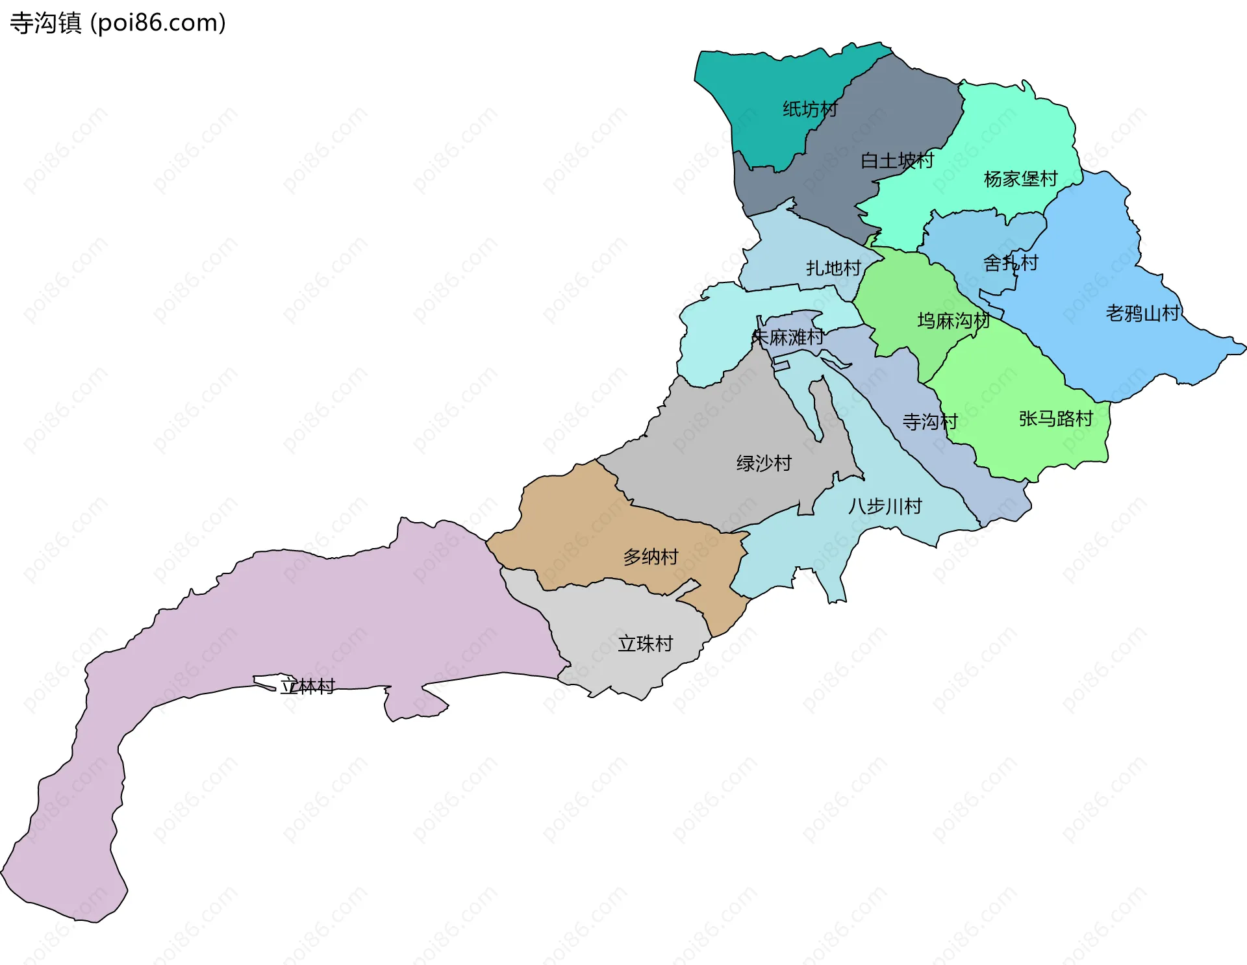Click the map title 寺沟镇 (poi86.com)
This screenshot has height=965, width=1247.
point(118,23)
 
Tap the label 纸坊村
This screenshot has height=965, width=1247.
point(810,109)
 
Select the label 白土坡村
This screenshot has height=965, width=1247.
point(897,160)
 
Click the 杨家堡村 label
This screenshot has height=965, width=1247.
point(1020,179)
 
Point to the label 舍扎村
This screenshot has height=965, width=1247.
point(1011,263)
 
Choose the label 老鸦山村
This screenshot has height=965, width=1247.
point(1143,314)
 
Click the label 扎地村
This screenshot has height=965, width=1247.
point(833,268)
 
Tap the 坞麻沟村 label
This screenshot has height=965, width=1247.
point(953,321)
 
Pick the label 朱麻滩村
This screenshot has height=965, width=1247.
point(788,338)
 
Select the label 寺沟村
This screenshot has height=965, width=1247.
point(930,422)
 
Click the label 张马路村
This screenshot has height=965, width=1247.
point(1056,419)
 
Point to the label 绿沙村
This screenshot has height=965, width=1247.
point(764,464)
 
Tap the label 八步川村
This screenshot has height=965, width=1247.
point(885,507)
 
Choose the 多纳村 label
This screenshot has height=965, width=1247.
point(651,557)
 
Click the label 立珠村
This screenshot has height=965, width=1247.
point(645,644)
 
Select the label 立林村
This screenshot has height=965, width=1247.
point(307,686)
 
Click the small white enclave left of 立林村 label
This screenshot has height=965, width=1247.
point(263,681)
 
